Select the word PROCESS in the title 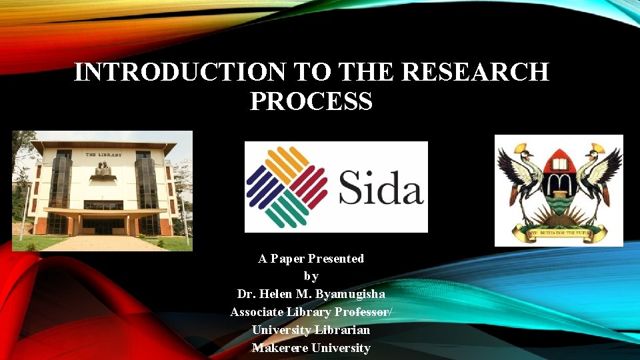pyautogui.click(x=311, y=101)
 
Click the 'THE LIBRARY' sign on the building pyautogui.click(x=103, y=154)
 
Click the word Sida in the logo pyautogui.click(x=381, y=187)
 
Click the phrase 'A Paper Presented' pyautogui.click(x=311, y=259)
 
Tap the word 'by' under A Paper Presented pyautogui.click(x=311, y=276)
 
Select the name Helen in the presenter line pyautogui.click(x=280, y=294)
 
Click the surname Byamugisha pyautogui.click(x=350, y=294)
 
